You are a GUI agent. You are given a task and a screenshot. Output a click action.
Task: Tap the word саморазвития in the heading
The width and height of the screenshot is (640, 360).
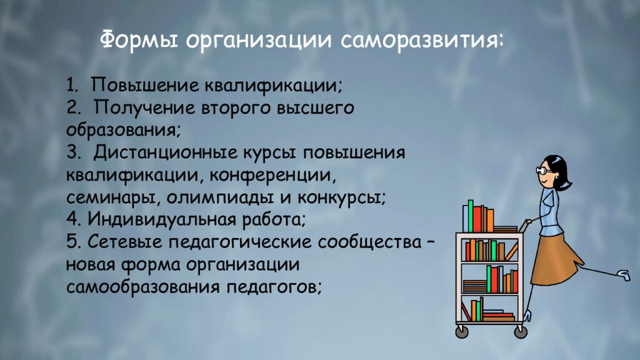click(422, 42)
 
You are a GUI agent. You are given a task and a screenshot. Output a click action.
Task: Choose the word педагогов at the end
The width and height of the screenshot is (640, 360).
click(273, 287)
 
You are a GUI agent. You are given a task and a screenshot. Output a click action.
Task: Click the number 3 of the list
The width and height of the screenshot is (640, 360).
click(70, 152)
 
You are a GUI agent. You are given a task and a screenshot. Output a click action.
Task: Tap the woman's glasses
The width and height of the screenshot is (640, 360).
click(544, 169)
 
